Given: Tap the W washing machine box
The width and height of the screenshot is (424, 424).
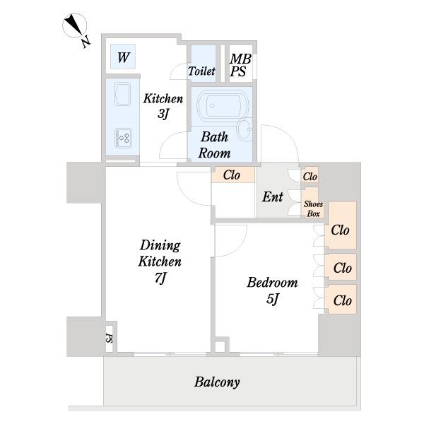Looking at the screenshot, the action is pyautogui.click(x=123, y=57).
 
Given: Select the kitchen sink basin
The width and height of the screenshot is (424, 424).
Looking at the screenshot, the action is pyautogui.click(x=123, y=94).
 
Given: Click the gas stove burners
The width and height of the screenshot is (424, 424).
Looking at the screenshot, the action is pyautogui.click(x=123, y=138).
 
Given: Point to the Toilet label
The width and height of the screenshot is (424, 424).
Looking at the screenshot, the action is pyautogui.click(x=201, y=71).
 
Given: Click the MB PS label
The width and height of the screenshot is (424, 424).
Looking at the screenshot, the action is pyautogui.click(x=240, y=65).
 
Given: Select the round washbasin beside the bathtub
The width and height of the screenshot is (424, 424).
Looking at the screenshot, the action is pyautogui.click(x=245, y=130).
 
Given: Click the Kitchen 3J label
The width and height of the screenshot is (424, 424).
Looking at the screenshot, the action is pyautogui.click(x=163, y=106).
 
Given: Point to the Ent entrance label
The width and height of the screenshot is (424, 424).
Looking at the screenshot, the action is pyautogui.click(x=272, y=196).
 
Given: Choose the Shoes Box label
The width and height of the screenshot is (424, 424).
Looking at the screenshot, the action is pyautogui.click(x=313, y=208).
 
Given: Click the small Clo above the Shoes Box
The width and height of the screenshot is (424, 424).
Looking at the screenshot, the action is pyautogui.click(x=310, y=177).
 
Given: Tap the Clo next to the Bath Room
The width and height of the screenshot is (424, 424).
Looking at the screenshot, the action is pyautogui.click(x=232, y=175).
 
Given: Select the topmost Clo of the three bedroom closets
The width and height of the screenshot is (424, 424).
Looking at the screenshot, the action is pyautogui.click(x=340, y=230).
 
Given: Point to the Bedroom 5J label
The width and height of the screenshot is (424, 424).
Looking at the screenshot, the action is pyautogui.click(x=272, y=290).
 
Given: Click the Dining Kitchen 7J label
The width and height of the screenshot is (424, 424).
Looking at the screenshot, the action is pyautogui.click(x=160, y=261).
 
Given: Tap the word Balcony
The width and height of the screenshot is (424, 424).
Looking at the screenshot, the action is pyautogui.click(x=217, y=382).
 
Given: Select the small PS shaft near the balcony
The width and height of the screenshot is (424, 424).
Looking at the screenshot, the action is pyautogui.click(x=110, y=338).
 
